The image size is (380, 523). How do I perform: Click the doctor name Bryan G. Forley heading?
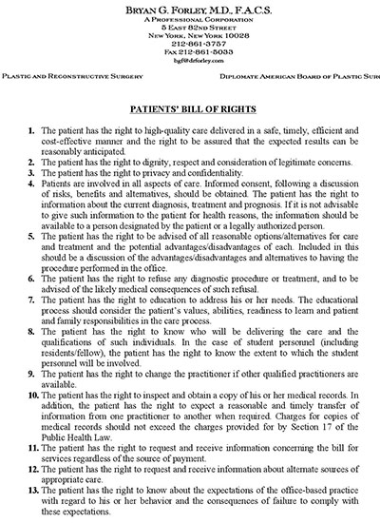tap(190, 7)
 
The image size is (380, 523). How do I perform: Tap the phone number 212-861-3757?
tap(190, 42)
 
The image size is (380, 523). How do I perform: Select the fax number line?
tap(190, 50)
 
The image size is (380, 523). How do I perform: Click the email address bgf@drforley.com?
tap(190, 59)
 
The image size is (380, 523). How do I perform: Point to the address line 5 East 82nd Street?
tap(190, 25)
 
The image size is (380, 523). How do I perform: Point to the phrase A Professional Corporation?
tap(190, 16)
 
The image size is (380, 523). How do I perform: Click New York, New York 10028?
tap(190, 33)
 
